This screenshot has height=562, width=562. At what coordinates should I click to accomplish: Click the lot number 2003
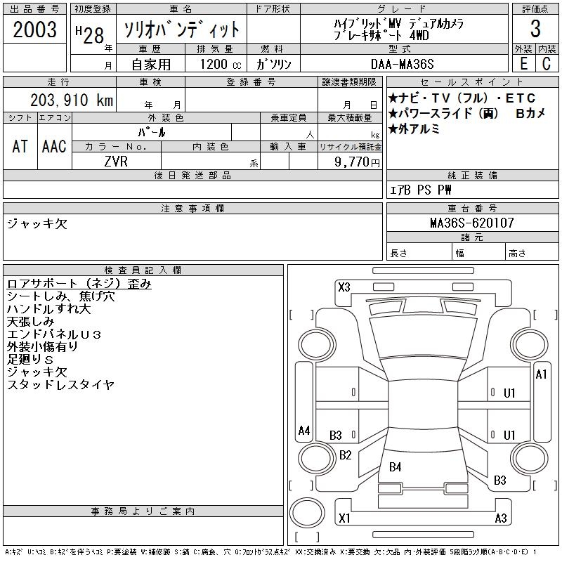point(34,30)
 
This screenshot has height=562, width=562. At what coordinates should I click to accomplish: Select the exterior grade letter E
point(523,63)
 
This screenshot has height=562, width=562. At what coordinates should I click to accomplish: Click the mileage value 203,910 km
point(71,100)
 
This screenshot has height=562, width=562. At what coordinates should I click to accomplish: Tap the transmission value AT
point(20,146)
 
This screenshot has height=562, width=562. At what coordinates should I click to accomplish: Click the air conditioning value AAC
point(53,146)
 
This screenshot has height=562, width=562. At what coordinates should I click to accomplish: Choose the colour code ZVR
point(117,161)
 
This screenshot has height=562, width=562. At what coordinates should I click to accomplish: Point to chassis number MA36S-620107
point(472,223)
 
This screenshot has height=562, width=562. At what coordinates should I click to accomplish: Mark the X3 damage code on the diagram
point(344,287)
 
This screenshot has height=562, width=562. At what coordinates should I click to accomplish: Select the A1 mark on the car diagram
point(541,374)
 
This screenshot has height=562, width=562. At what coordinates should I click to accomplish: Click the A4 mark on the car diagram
point(303,430)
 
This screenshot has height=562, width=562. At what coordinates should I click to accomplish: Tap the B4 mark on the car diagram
point(396,466)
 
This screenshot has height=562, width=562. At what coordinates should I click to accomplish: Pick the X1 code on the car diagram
point(344,518)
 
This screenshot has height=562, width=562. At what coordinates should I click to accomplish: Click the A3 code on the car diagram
point(501,518)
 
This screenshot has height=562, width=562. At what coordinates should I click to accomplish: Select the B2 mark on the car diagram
point(345,455)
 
